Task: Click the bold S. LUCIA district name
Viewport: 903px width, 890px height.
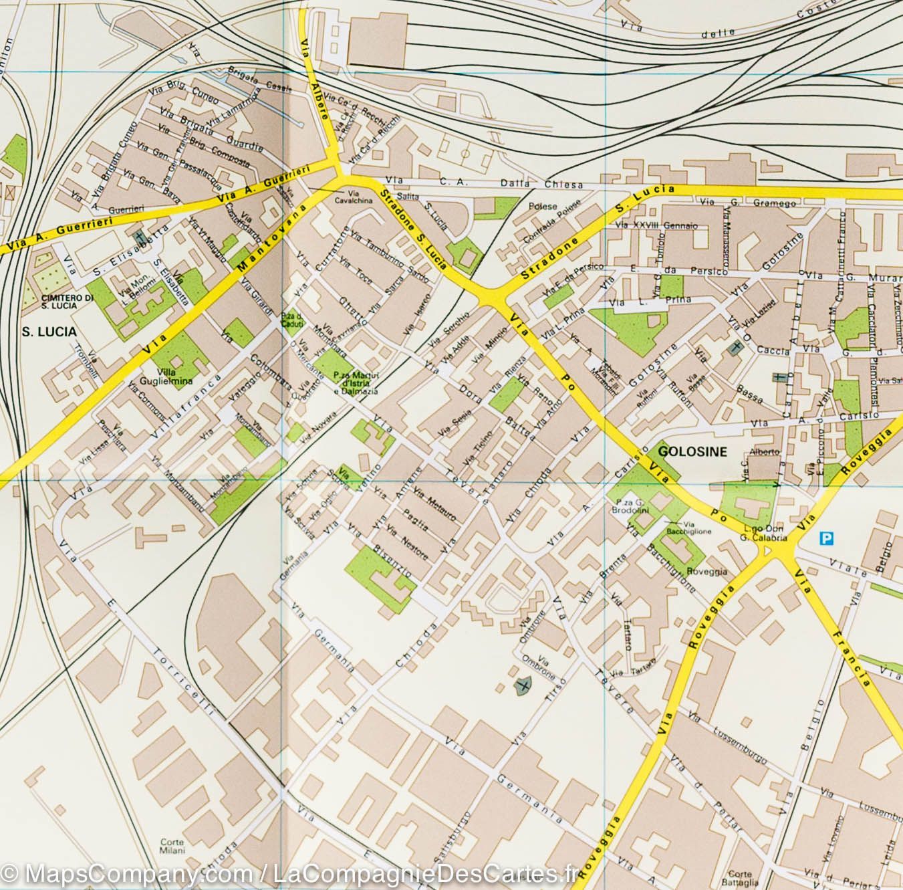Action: pos(48,332)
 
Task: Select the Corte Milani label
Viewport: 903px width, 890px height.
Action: pos(172,847)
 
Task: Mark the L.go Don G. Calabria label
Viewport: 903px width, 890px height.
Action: pos(758,532)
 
